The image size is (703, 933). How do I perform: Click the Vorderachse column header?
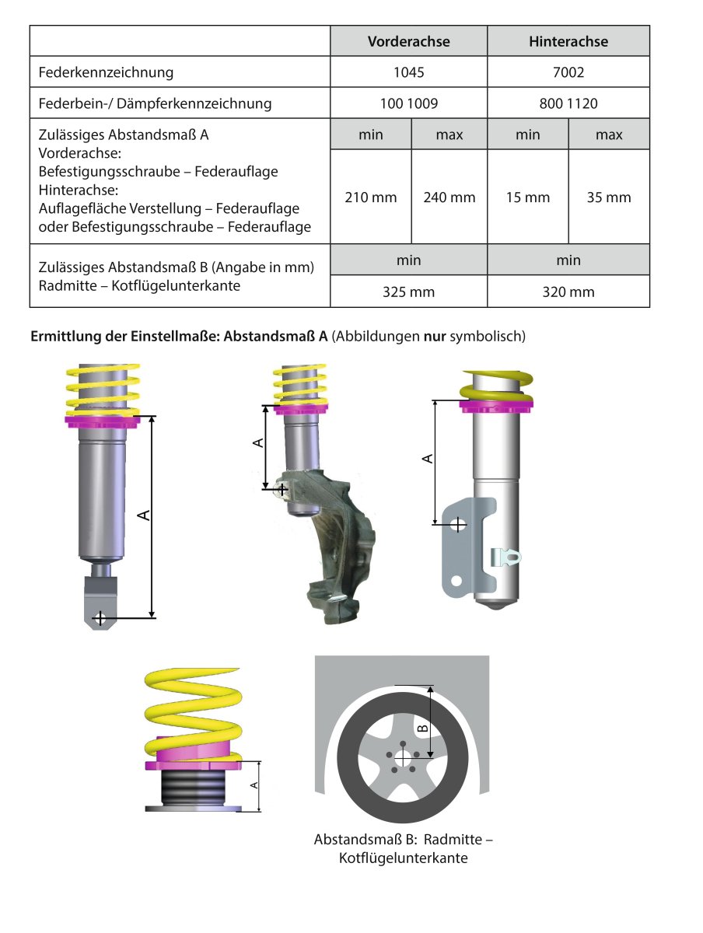(408, 41)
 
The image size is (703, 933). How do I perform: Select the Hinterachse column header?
(568, 41)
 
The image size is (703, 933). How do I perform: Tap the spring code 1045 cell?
(408, 72)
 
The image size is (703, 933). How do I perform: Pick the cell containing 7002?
(568, 72)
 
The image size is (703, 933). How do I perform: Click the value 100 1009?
(408, 103)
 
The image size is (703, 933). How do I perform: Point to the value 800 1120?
(568, 103)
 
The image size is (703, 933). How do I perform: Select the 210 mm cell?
(371, 197)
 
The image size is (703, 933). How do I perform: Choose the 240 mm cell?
(449, 197)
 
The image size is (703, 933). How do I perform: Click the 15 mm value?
(528, 197)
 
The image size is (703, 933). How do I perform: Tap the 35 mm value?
(609, 197)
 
